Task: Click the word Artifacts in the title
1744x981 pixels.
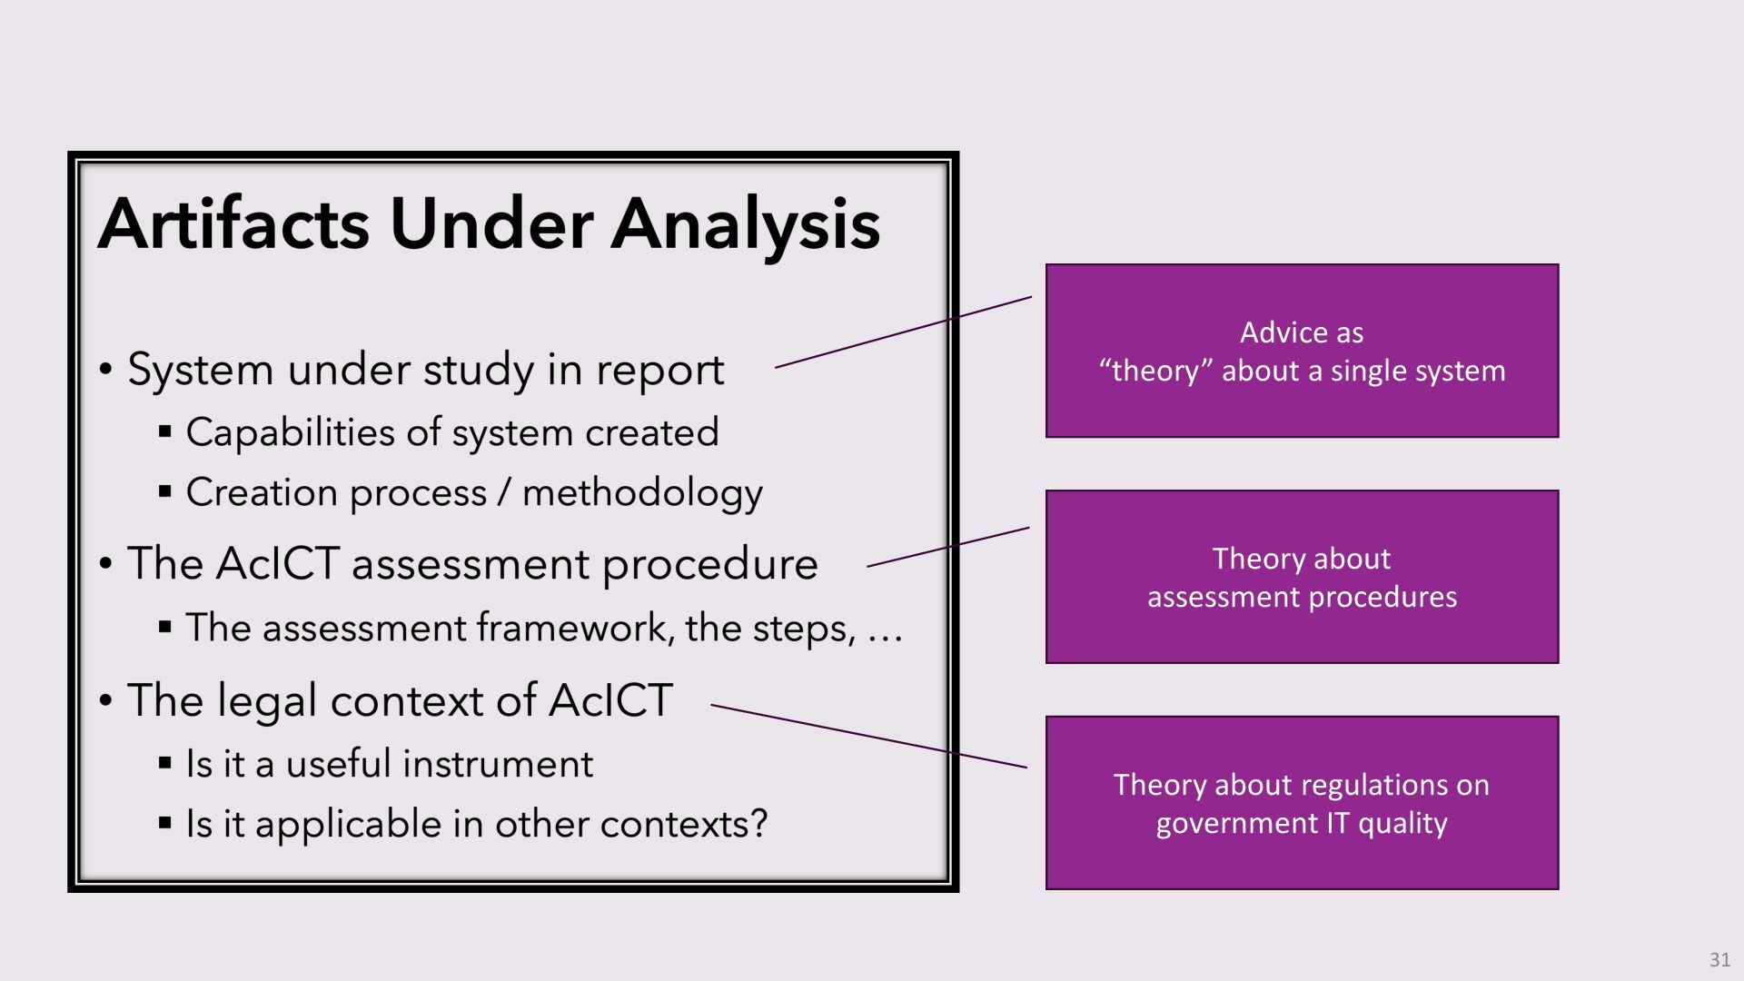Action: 233,224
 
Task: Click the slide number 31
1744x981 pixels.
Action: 1719,959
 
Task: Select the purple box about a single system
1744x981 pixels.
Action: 1302,351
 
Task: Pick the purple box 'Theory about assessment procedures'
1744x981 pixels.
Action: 1302,577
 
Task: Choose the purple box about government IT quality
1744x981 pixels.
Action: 1302,803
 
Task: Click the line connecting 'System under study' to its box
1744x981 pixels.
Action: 904,332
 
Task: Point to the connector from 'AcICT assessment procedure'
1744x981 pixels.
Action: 948,547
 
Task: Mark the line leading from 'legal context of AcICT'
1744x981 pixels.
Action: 868,736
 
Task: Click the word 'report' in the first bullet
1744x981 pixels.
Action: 659,371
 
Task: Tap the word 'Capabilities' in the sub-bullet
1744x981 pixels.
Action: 290,433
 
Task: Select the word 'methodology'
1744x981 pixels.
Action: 642,493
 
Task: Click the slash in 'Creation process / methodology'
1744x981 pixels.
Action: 504,493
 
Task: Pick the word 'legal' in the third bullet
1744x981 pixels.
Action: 267,701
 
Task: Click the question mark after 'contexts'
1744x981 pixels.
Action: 758,824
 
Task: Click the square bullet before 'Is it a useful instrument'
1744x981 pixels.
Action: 164,762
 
